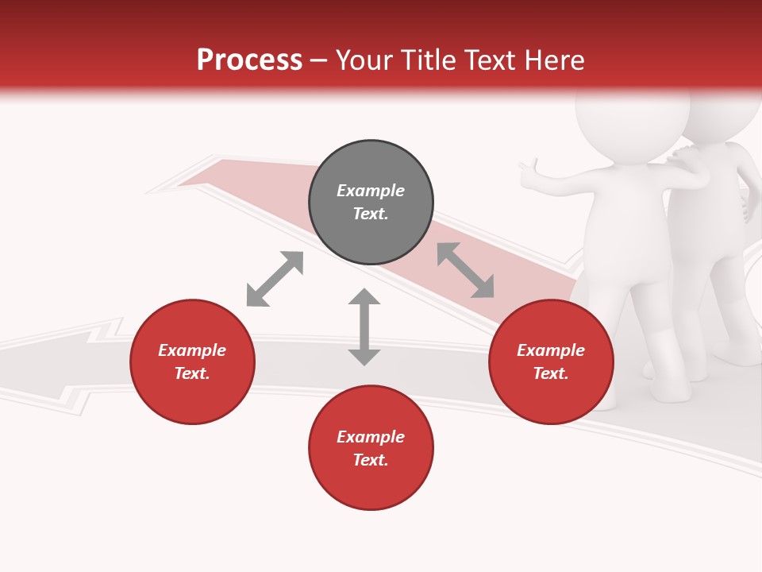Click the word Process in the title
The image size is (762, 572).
point(249,60)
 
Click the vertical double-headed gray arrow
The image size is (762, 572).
point(364,327)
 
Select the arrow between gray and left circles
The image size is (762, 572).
point(275,279)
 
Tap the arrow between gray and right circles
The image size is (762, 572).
point(465,270)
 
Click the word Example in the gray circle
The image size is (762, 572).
point(371,191)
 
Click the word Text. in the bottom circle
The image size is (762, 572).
point(371,460)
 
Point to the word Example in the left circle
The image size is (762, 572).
point(192,350)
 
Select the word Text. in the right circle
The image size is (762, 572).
point(551,373)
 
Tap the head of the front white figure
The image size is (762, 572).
point(631,119)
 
